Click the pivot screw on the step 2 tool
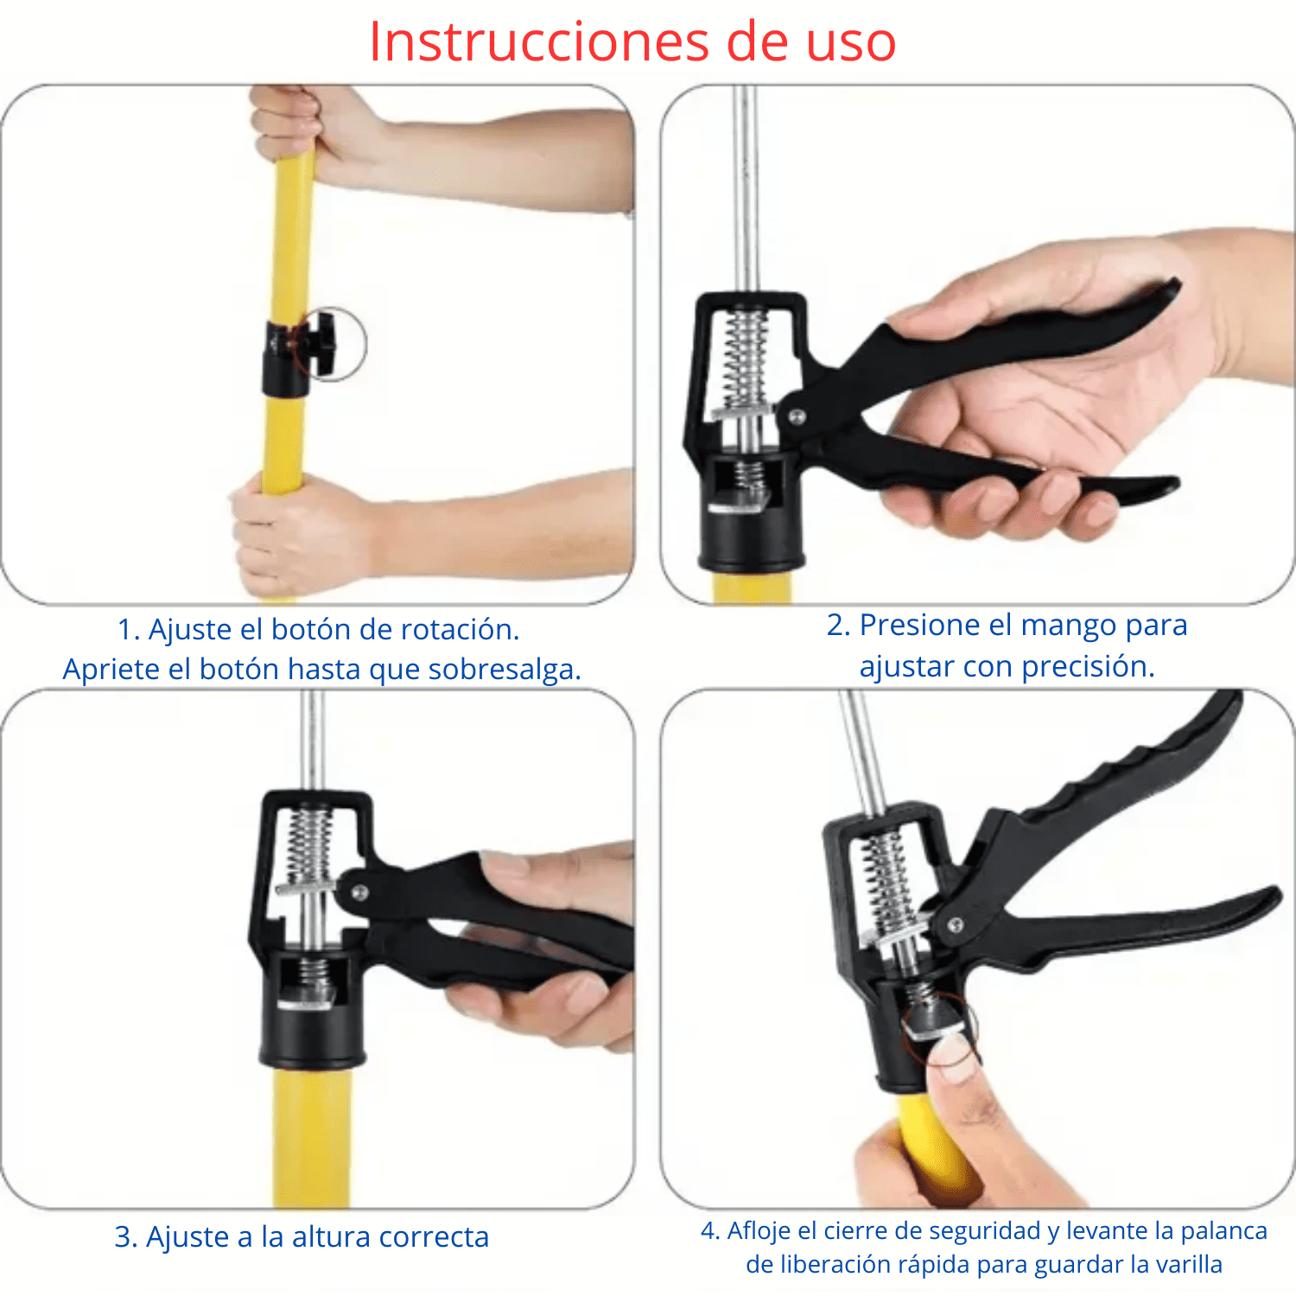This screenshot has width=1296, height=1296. coord(797,417)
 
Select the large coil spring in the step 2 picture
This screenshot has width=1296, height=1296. coord(744,359)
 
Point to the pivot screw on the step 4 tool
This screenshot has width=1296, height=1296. coord(956,925)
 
